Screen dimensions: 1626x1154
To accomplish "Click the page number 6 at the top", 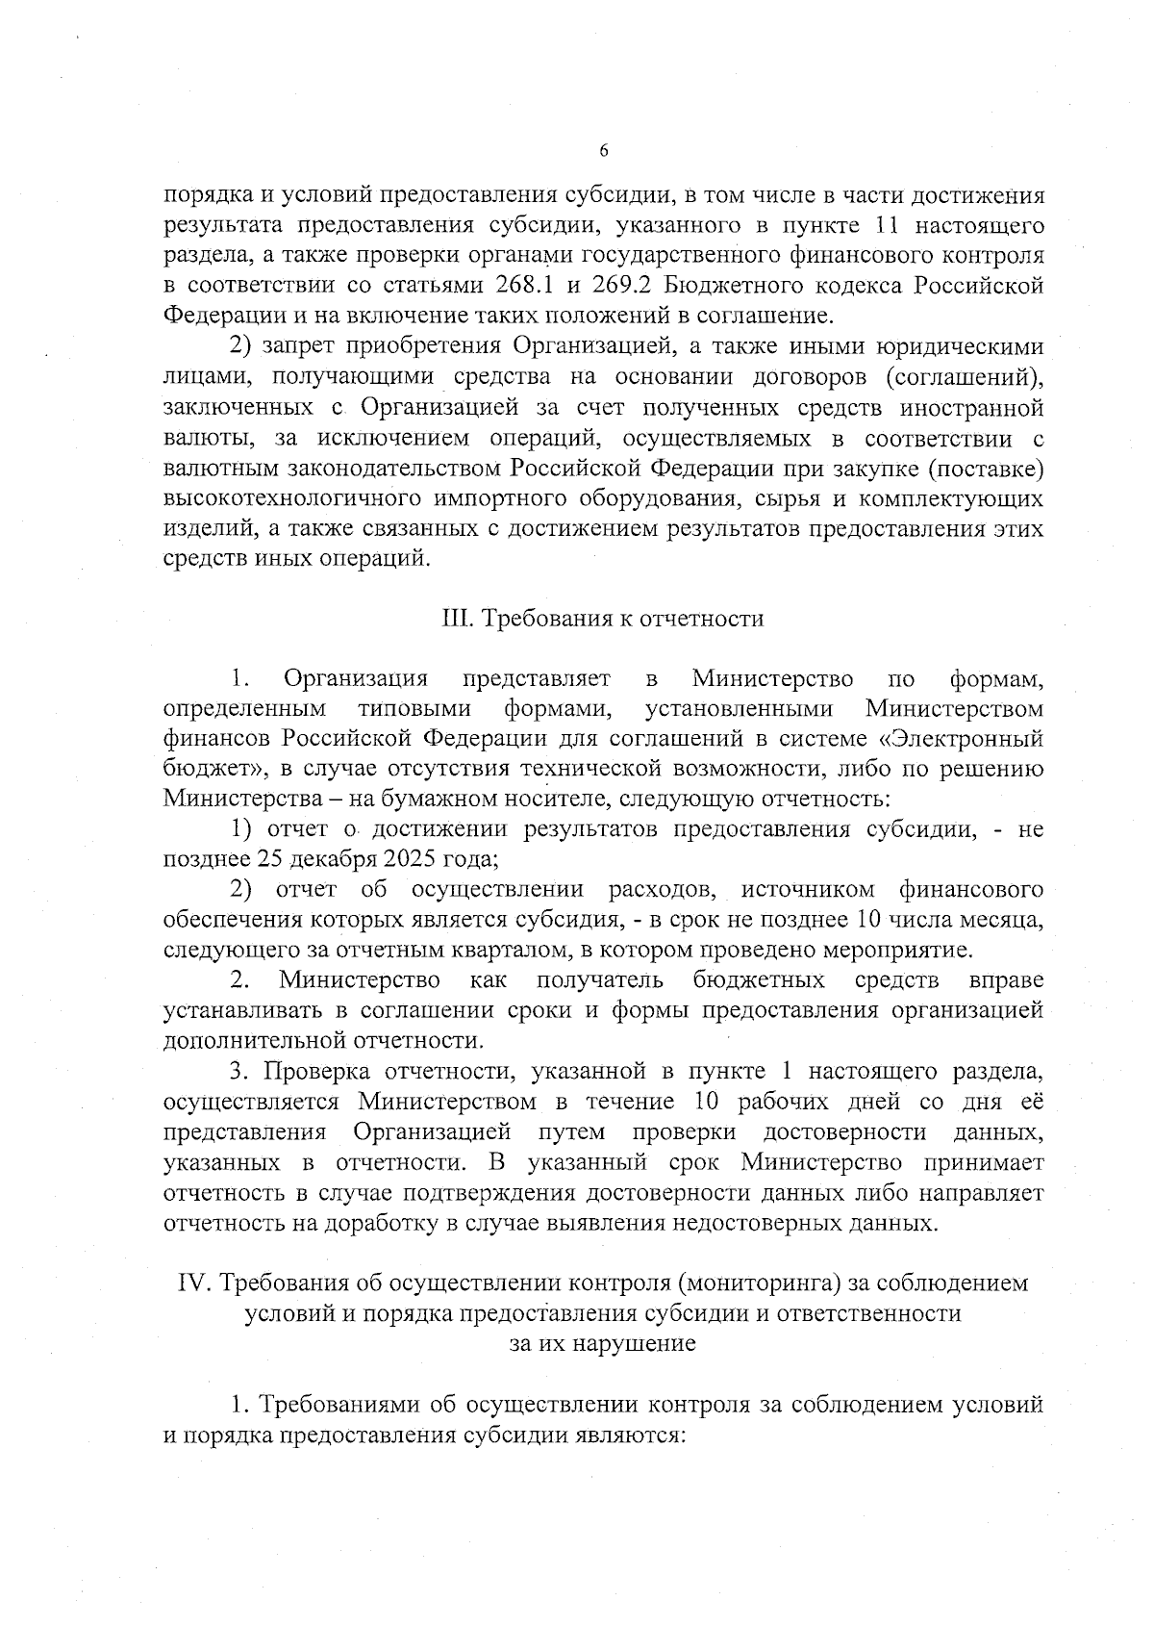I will coord(603,150).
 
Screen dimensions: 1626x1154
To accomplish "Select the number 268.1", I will coord(530,287).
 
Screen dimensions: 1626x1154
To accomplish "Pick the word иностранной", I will coord(971,408).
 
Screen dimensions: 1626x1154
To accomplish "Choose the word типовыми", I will coord(414,709).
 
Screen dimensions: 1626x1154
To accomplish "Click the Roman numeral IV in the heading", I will coord(194,1283).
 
